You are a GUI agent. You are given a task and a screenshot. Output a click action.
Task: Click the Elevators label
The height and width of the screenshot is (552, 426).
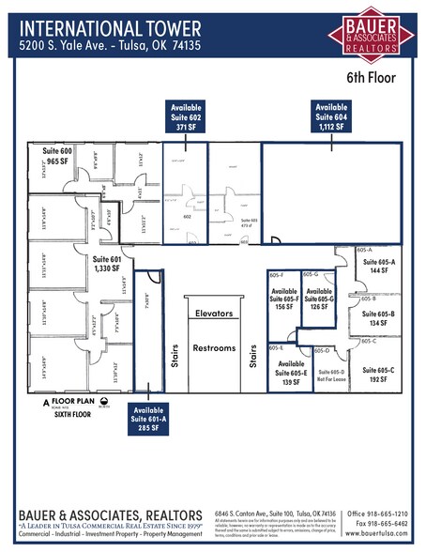[x=214, y=312]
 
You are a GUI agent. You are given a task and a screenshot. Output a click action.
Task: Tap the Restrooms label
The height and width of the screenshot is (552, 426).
[x=214, y=348]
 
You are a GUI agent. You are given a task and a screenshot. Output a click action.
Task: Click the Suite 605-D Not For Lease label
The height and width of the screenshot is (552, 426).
[x=330, y=376]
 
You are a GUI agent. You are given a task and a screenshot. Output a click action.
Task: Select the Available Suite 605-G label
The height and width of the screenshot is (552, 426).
[x=319, y=298]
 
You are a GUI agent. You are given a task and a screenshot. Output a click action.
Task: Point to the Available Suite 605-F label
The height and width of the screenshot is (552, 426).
[x=285, y=298]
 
